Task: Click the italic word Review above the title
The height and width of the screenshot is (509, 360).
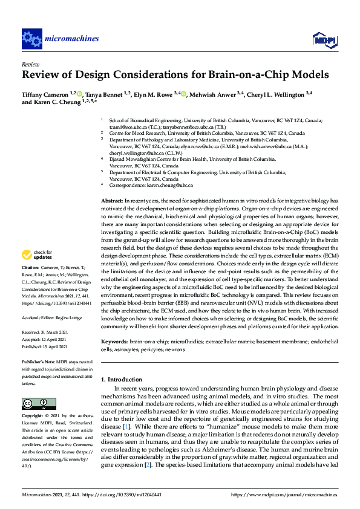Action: pyautogui.click(x=30, y=63)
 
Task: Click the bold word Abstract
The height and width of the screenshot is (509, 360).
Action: pyautogui.click(x=111, y=200)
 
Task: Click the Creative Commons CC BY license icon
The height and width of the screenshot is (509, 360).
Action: pyautogui.click(x=36, y=403)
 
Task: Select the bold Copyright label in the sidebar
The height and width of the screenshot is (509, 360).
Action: pyautogui.click(x=33, y=417)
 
